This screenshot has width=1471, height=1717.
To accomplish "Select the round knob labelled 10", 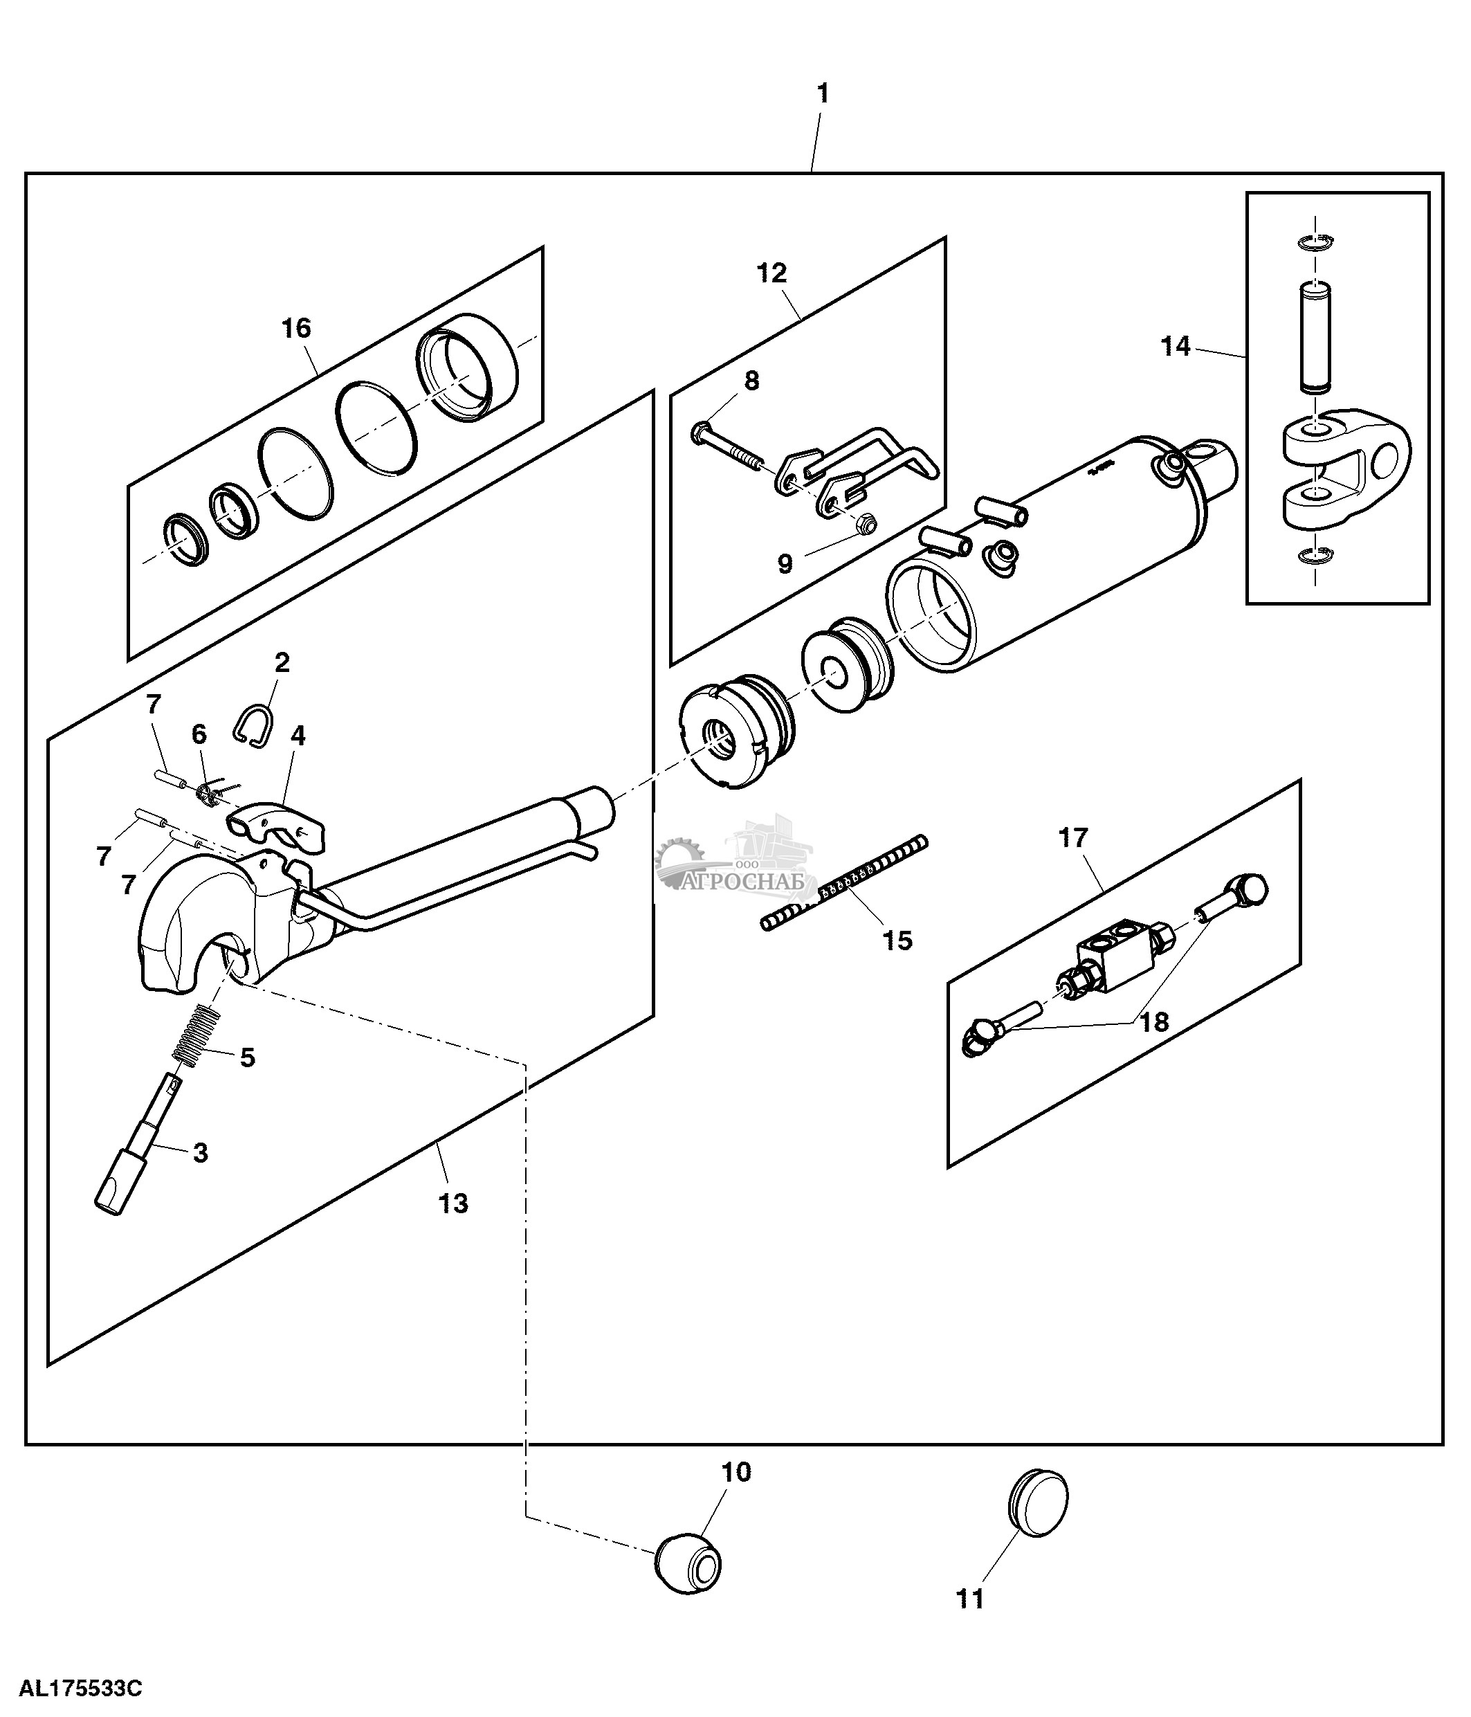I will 688,1563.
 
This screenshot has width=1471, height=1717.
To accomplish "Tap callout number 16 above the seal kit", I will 295,329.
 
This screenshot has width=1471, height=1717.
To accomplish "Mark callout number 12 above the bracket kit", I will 772,273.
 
